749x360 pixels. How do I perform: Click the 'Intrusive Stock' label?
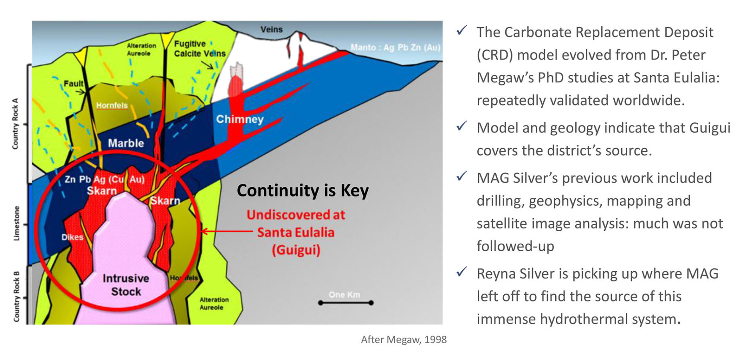pyautogui.click(x=126, y=285)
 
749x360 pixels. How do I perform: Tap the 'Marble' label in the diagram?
pyautogui.click(x=126, y=143)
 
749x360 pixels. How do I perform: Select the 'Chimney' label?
pyautogui.click(x=240, y=119)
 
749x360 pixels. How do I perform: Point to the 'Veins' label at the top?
pyautogui.click(x=271, y=30)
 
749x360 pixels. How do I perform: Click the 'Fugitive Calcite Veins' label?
pyautogui.click(x=199, y=49)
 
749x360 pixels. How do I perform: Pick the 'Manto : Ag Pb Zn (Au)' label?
pyautogui.click(x=395, y=48)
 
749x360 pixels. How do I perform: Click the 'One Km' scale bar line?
pyautogui.click(x=346, y=303)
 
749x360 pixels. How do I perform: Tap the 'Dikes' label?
pyautogui.click(x=72, y=237)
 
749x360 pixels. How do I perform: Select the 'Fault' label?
pyautogui.click(x=74, y=84)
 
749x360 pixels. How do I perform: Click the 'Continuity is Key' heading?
pyautogui.click(x=302, y=191)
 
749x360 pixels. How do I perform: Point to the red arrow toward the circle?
pyautogui.click(x=226, y=231)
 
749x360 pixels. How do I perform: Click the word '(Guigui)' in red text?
pyautogui.click(x=296, y=250)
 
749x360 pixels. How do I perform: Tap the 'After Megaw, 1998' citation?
pyautogui.click(x=403, y=340)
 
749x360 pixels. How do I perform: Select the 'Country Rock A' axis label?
pyautogui.click(x=15, y=124)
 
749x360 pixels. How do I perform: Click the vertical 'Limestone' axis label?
pyautogui.click(x=16, y=223)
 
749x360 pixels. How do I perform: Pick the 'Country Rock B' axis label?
pyautogui.click(x=16, y=296)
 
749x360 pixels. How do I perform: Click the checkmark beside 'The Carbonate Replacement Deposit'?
pyautogui.click(x=462, y=30)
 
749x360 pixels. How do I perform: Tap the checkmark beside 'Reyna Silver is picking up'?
pyautogui.click(x=462, y=272)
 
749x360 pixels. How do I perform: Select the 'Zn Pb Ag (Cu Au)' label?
pyautogui.click(x=104, y=179)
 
